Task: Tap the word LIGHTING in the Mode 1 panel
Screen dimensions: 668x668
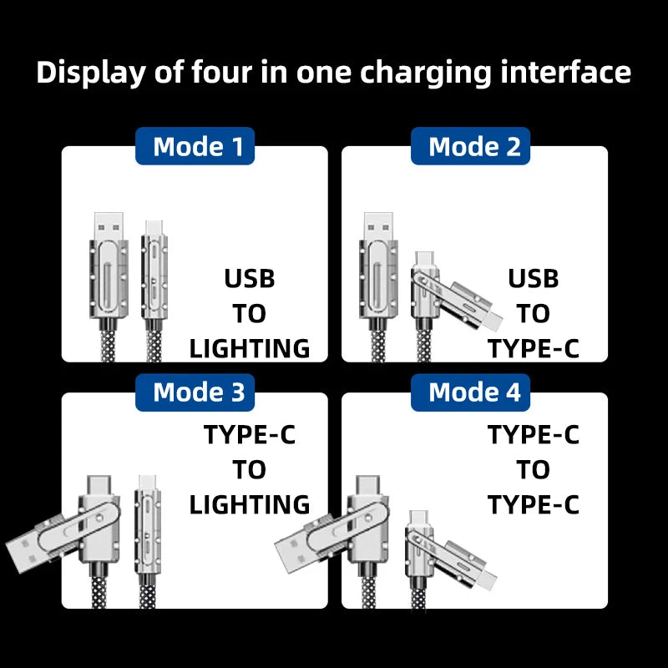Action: pos(250,348)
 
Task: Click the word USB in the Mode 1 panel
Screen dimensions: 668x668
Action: pos(250,278)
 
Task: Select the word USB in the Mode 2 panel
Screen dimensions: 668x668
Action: pos(533,278)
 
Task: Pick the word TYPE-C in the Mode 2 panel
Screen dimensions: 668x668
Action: pos(533,348)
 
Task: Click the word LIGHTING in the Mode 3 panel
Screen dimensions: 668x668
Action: pos(250,504)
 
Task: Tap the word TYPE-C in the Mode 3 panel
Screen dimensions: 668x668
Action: pos(250,434)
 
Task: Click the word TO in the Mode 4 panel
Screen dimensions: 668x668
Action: pos(533,470)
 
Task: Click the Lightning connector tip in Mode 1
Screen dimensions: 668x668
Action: pos(153,226)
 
